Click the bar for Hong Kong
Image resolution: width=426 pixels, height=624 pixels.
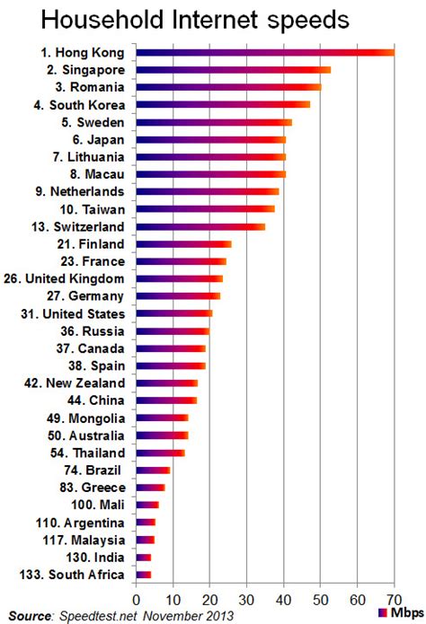(x=264, y=52)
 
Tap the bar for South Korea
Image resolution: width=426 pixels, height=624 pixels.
(x=223, y=104)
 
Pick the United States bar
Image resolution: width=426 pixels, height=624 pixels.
(x=173, y=313)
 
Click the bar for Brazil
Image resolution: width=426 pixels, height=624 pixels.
(x=153, y=470)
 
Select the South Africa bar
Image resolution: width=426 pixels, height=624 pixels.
(x=143, y=574)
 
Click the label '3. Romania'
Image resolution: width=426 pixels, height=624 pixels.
(x=93, y=87)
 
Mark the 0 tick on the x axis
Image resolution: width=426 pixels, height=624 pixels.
(x=136, y=599)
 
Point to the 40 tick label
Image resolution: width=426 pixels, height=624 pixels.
(x=284, y=599)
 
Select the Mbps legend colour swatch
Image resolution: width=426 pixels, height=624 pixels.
(x=384, y=612)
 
